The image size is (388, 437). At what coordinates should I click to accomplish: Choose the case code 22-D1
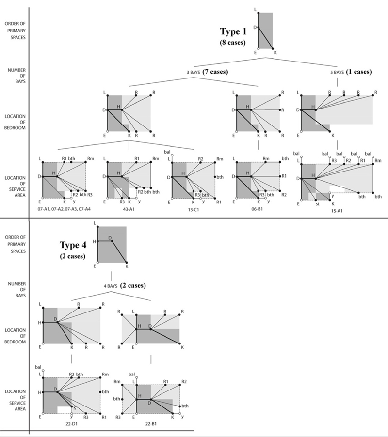(x=71, y=424)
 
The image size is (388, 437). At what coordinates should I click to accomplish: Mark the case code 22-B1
(x=151, y=424)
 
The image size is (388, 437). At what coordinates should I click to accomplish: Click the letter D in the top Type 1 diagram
(x=255, y=28)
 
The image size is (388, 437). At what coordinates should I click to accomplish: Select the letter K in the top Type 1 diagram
(x=275, y=53)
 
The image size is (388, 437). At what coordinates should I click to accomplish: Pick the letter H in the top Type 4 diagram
(x=94, y=241)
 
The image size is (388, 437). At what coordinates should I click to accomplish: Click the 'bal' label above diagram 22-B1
(x=132, y=374)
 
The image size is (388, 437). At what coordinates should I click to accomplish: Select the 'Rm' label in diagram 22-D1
(x=104, y=375)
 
